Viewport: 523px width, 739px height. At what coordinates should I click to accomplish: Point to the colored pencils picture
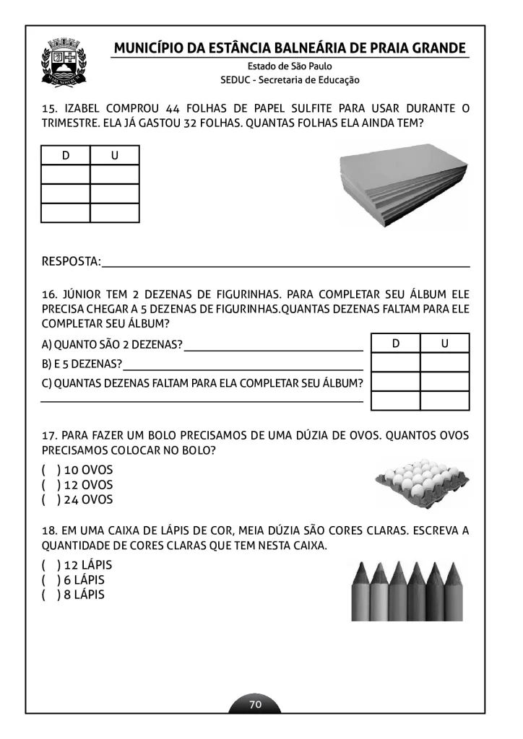point(407,590)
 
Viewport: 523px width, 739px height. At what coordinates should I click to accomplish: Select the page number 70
point(255,704)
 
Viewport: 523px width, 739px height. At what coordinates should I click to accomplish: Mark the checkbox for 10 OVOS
point(50,470)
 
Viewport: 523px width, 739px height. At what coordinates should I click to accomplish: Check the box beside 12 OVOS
point(50,485)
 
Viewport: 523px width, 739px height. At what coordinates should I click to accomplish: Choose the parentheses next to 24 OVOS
point(50,499)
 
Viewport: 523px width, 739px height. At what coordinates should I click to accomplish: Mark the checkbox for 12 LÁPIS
point(50,565)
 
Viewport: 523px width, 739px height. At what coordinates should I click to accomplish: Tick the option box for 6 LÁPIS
point(50,580)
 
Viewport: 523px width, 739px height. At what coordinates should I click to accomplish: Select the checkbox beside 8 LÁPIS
point(50,595)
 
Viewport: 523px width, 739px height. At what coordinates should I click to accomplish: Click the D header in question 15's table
point(66,156)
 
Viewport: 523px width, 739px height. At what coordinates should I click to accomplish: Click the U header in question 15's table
point(114,156)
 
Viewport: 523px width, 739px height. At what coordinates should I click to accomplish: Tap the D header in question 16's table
point(396,344)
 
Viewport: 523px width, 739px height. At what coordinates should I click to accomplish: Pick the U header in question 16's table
point(444,344)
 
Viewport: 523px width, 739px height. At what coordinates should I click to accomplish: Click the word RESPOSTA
point(70,261)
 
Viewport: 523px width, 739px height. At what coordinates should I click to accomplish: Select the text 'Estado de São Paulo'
point(290,66)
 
